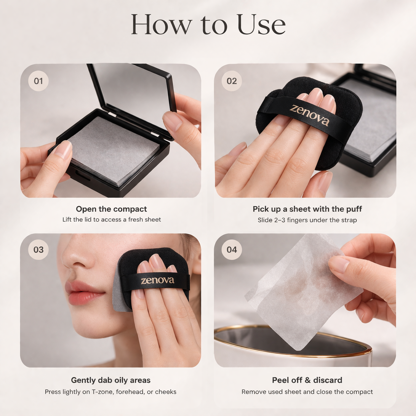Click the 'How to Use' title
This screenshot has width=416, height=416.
(x=208, y=25)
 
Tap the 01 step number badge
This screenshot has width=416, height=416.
(x=38, y=81)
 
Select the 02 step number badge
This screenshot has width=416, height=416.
(x=232, y=81)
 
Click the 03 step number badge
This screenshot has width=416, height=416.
(x=38, y=249)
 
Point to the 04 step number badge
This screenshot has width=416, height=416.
(x=232, y=249)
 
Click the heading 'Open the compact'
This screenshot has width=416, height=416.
(x=111, y=209)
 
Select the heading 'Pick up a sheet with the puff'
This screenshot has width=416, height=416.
(x=307, y=209)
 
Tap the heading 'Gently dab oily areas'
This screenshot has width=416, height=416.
(x=111, y=380)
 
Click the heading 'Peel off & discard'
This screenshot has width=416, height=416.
(x=307, y=380)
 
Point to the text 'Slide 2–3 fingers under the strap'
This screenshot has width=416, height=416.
(x=307, y=220)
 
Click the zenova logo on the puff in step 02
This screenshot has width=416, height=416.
(x=310, y=115)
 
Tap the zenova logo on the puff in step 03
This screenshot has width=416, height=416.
(x=157, y=281)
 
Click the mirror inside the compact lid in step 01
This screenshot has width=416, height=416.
(x=133, y=88)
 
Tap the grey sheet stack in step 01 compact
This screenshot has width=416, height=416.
(x=113, y=149)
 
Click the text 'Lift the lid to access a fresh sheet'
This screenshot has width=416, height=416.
(x=111, y=220)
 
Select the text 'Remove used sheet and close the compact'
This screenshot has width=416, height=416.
(x=307, y=392)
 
